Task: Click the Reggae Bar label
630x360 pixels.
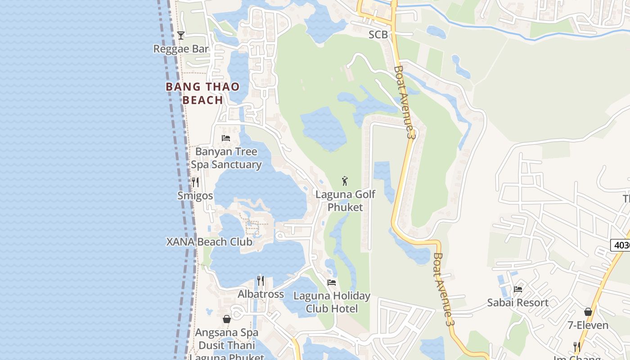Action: pyautogui.click(x=181, y=49)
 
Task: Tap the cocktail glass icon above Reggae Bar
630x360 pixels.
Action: pyautogui.click(x=181, y=35)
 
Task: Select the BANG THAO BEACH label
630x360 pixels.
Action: pyautogui.click(x=202, y=93)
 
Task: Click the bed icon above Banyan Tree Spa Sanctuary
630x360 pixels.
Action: pyautogui.click(x=226, y=138)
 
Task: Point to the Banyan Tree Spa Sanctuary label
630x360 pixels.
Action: pyautogui.click(x=226, y=158)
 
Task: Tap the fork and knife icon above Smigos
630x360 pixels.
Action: pyautogui.click(x=195, y=182)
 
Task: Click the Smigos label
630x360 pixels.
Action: pyautogui.click(x=195, y=196)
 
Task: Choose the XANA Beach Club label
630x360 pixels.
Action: pyautogui.click(x=209, y=242)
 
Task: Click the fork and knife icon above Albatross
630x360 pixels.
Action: pyautogui.click(x=261, y=281)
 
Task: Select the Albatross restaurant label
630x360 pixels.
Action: pyautogui.click(x=261, y=294)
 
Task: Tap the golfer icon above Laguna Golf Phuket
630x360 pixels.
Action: pyautogui.click(x=345, y=181)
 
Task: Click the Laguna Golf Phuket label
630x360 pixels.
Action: pyautogui.click(x=345, y=201)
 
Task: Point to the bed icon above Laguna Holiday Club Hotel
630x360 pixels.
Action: pyautogui.click(x=332, y=283)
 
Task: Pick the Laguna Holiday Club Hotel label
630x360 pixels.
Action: pyautogui.click(x=332, y=302)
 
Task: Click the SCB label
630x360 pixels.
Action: pyautogui.click(x=378, y=35)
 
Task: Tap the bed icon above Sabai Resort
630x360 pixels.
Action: pyautogui.click(x=518, y=289)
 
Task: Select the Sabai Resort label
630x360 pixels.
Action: pyautogui.click(x=518, y=302)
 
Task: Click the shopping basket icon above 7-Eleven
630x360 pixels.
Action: pyautogui.click(x=588, y=312)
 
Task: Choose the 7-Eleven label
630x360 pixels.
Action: pyautogui.click(x=588, y=325)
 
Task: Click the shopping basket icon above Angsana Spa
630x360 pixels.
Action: pyautogui.click(x=227, y=319)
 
